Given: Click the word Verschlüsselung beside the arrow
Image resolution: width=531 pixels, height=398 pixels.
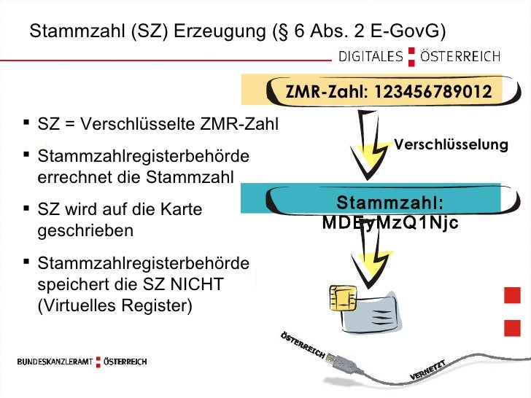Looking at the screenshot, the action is tap(451, 144).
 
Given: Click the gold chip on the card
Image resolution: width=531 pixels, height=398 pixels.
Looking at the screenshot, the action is tap(342, 297).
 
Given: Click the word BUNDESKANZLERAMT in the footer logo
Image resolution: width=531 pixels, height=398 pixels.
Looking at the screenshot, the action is tap(55, 362).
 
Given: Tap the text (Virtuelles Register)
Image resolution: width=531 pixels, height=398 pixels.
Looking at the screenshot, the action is tap(115, 305).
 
